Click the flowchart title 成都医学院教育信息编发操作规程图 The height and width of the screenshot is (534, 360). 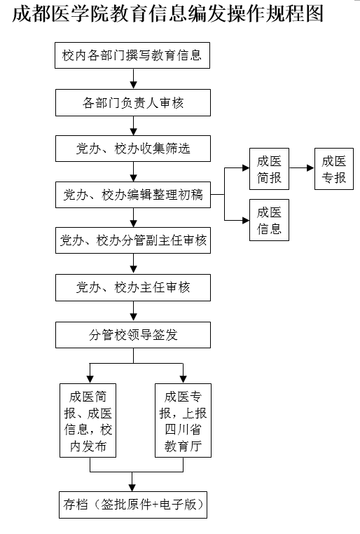[168, 14]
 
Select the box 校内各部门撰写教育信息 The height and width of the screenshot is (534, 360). [132, 55]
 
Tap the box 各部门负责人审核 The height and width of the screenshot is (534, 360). [133, 102]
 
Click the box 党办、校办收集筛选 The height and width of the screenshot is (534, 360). [133, 149]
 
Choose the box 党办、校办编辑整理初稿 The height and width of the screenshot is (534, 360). [133, 195]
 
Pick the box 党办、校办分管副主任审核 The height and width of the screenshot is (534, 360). [133, 240]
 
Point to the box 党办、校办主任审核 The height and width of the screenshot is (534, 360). [133, 287]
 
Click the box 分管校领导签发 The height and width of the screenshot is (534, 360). [133, 335]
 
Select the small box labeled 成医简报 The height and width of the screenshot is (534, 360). [269, 169]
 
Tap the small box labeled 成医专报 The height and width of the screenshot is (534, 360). [334, 169]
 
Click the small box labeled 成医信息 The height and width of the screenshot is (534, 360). [269, 220]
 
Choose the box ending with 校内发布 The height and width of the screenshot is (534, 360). [88, 420]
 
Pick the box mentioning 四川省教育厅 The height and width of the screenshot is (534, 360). [183, 420]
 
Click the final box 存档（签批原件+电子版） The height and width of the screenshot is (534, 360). [133, 505]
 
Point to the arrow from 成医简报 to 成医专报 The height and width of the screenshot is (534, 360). [301, 168]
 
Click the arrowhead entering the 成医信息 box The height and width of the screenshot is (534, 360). [246, 220]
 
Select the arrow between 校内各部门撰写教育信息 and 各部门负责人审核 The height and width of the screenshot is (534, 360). [133, 79]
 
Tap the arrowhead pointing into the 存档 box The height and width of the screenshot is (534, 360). [132, 488]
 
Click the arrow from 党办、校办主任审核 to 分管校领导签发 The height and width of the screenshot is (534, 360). [133, 311]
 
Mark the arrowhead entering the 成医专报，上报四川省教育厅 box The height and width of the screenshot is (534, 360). [183, 379]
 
